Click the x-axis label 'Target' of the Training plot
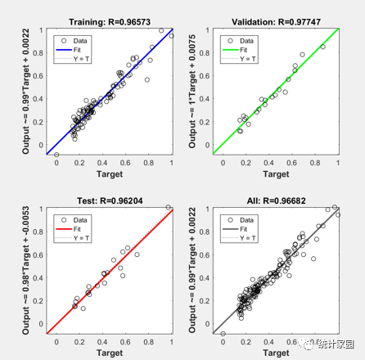click(109, 173)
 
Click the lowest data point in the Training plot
click(56, 154)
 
